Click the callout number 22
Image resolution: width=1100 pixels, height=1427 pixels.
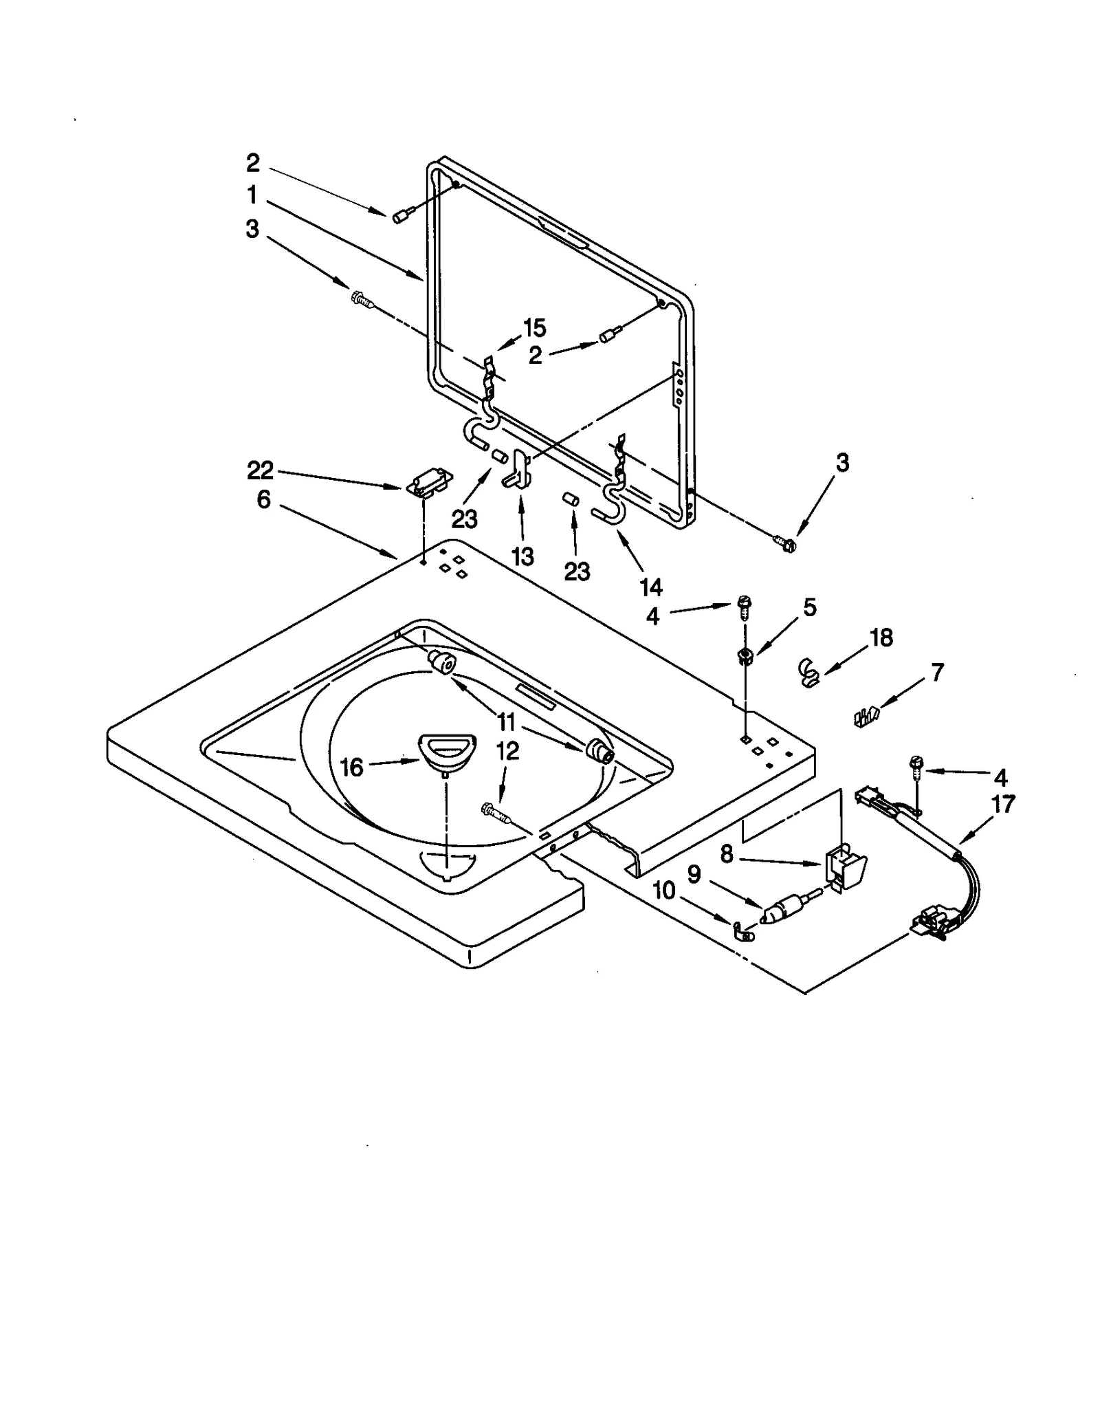coord(261,471)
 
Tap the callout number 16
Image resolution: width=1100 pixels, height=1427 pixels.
coord(352,767)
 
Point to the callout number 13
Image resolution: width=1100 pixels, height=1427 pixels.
coord(522,556)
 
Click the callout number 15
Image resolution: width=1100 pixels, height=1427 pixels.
coord(534,328)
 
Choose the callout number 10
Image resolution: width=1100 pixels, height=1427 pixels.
coord(664,891)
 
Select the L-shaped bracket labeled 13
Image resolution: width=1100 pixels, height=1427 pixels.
coord(520,470)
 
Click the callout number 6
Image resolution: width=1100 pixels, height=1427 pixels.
coord(264,500)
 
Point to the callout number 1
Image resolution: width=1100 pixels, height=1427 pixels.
coord(252,195)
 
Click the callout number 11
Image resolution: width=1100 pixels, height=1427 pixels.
coord(506,722)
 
